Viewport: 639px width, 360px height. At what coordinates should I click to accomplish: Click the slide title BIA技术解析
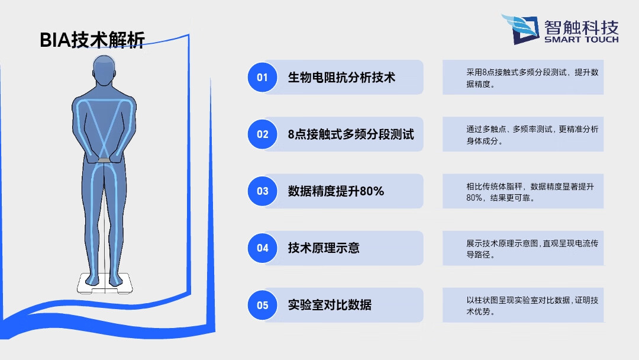click(x=92, y=40)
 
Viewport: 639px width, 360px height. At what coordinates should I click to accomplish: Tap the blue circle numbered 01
click(x=262, y=77)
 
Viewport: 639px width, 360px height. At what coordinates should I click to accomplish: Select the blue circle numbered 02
click(x=262, y=134)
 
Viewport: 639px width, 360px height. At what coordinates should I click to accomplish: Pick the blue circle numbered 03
click(x=262, y=191)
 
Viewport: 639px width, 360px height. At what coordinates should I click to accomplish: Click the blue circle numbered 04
click(x=262, y=248)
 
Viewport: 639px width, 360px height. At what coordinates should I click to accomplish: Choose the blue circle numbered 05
click(x=262, y=306)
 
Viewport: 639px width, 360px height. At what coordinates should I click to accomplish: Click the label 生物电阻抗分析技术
click(x=341, y=78)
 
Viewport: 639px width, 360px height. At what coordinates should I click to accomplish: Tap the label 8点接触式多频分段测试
click(x=351, y=134)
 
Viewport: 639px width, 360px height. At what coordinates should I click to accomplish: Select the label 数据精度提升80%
click(x=336, y=191)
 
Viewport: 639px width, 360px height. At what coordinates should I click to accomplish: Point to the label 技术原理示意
click(x=324, y=248)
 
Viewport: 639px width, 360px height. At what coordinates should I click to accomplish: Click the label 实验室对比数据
click(x=330, y=306)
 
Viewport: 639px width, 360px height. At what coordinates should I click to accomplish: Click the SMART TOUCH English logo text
click(x=581, y=40)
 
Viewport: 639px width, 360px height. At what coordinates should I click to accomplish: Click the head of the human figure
click(x=104, y=70)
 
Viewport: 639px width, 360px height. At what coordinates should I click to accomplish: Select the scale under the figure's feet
click(x=104, y=284)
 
